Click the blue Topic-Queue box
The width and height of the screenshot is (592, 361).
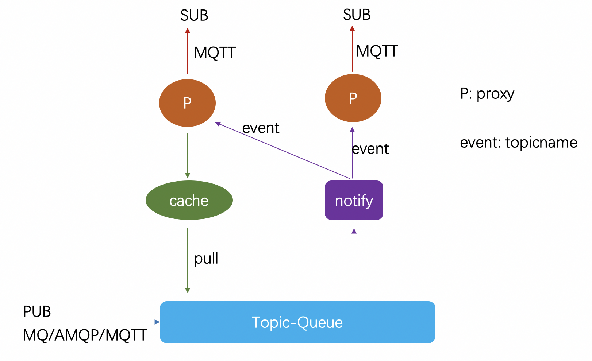(297, 322)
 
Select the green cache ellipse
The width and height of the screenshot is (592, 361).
(189, 200)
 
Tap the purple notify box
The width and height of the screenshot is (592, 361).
(354, 200)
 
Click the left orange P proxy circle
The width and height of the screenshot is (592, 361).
(187, 103)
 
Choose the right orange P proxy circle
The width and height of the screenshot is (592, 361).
(353, 98)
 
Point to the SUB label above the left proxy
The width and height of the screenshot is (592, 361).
(194, 16)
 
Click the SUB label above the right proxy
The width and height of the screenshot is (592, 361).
(357, 15)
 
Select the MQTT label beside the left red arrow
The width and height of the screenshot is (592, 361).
(215, 53)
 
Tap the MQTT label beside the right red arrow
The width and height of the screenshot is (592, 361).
(377, 51)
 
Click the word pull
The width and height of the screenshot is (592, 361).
(206, 259)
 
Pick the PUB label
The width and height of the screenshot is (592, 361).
(37, 312)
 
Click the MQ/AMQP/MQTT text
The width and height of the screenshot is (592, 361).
(85, 335)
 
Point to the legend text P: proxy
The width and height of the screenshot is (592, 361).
(487, 94)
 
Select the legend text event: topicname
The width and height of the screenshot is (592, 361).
(518, 143)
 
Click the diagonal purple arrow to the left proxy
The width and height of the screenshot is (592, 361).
(283, 150)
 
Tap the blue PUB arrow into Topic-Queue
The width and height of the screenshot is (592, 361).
(91, 322)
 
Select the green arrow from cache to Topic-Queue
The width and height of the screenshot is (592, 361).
(188, 261)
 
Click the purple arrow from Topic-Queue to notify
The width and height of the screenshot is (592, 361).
(354, 261)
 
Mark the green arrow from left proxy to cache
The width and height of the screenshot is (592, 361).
(188, 155)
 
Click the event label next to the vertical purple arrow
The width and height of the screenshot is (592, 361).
(370, 149)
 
